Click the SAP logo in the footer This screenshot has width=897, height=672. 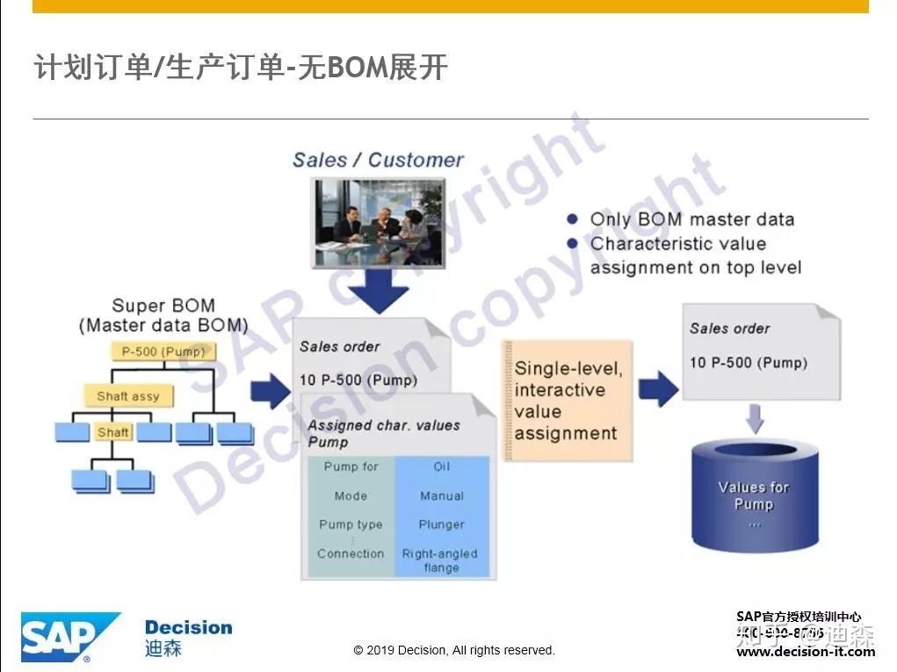(x=69, y=637)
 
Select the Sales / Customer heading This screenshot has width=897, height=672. (x=378, y=160)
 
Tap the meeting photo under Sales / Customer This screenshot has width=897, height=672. (x=379, y=222)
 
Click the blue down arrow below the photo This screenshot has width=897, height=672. (x=378, y=291)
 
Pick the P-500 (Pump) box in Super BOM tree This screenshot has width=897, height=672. (x=163, y=351)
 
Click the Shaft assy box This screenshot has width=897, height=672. (x=128, y=396)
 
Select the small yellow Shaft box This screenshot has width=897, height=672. (x=113, y=432)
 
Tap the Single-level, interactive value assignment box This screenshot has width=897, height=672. (x=568, y=401)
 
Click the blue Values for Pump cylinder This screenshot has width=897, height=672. (x=753, y=496)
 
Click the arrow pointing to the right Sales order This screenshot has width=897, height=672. (x=658, y=387)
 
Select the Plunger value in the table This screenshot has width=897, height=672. (x=442, y=524)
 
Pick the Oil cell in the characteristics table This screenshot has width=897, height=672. (x=442, y=466)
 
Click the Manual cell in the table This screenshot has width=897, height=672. (x=442, y=495)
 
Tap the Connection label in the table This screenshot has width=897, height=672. (x=351, y=553)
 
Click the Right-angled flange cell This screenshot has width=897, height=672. (x=440, y=560)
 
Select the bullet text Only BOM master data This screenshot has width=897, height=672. (x=691, y=220)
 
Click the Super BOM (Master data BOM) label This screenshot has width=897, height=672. (x=163, y=315)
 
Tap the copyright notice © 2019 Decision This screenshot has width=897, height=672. (x=454, y=651)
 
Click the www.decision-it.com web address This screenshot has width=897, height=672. (x=805, y=652)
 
